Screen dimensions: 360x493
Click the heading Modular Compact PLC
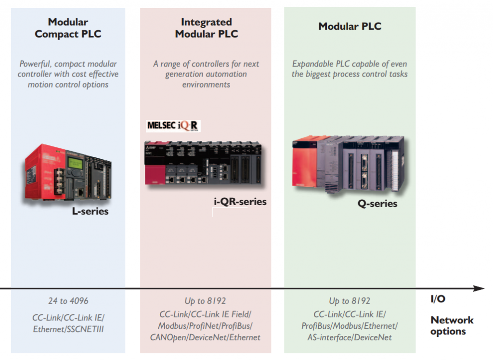tap(68, 28)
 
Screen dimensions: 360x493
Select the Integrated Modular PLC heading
tap(206, 28)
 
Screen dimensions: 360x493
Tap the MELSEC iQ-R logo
tap(173, 126)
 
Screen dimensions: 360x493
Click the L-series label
tap(90, 211)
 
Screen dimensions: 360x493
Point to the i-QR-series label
tap(240, 202)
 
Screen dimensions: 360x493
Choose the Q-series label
tap(377, 204)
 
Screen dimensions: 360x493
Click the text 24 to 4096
tap(68, 301)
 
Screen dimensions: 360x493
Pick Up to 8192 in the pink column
tap(205, 301)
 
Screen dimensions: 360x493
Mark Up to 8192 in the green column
tap(350, 301)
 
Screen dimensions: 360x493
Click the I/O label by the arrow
tap(438, 299)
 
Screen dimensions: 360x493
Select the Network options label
tap(452, 325)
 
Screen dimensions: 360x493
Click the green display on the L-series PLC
tap(75, 162)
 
